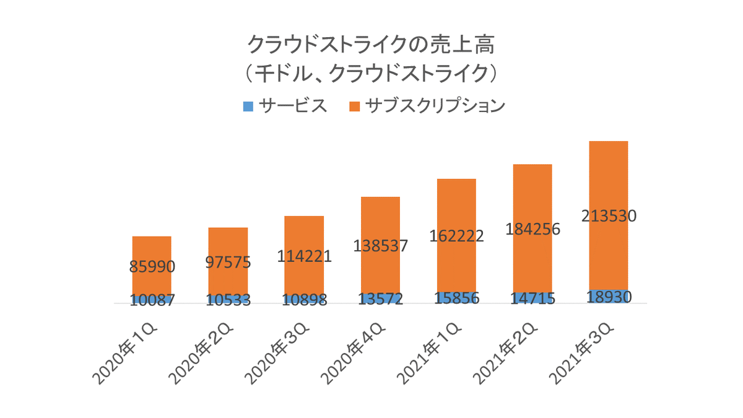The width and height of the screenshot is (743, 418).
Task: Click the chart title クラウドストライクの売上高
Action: [371, 45]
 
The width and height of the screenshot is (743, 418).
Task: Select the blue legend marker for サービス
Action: [248, 107]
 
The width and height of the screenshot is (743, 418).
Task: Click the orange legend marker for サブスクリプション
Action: [355, 107]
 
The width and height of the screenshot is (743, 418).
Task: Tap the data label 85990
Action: [152, 267]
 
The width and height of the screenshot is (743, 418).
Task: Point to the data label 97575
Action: [228, 262]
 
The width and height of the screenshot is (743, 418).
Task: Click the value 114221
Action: [304, 255]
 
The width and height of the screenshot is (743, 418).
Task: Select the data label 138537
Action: [380, 246]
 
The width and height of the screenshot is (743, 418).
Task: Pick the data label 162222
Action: [456, 236]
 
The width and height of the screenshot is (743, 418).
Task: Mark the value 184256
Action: [532, 229]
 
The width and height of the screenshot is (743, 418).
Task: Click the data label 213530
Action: [609, 216]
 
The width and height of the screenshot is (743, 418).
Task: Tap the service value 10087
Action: [152, 300]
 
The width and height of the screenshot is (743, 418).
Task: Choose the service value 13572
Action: [380, 299]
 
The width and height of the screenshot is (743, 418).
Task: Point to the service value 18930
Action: [609, 297]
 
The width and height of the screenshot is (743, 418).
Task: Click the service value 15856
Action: [456, 298]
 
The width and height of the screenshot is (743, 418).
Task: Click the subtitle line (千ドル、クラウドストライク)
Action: [371, 74]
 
